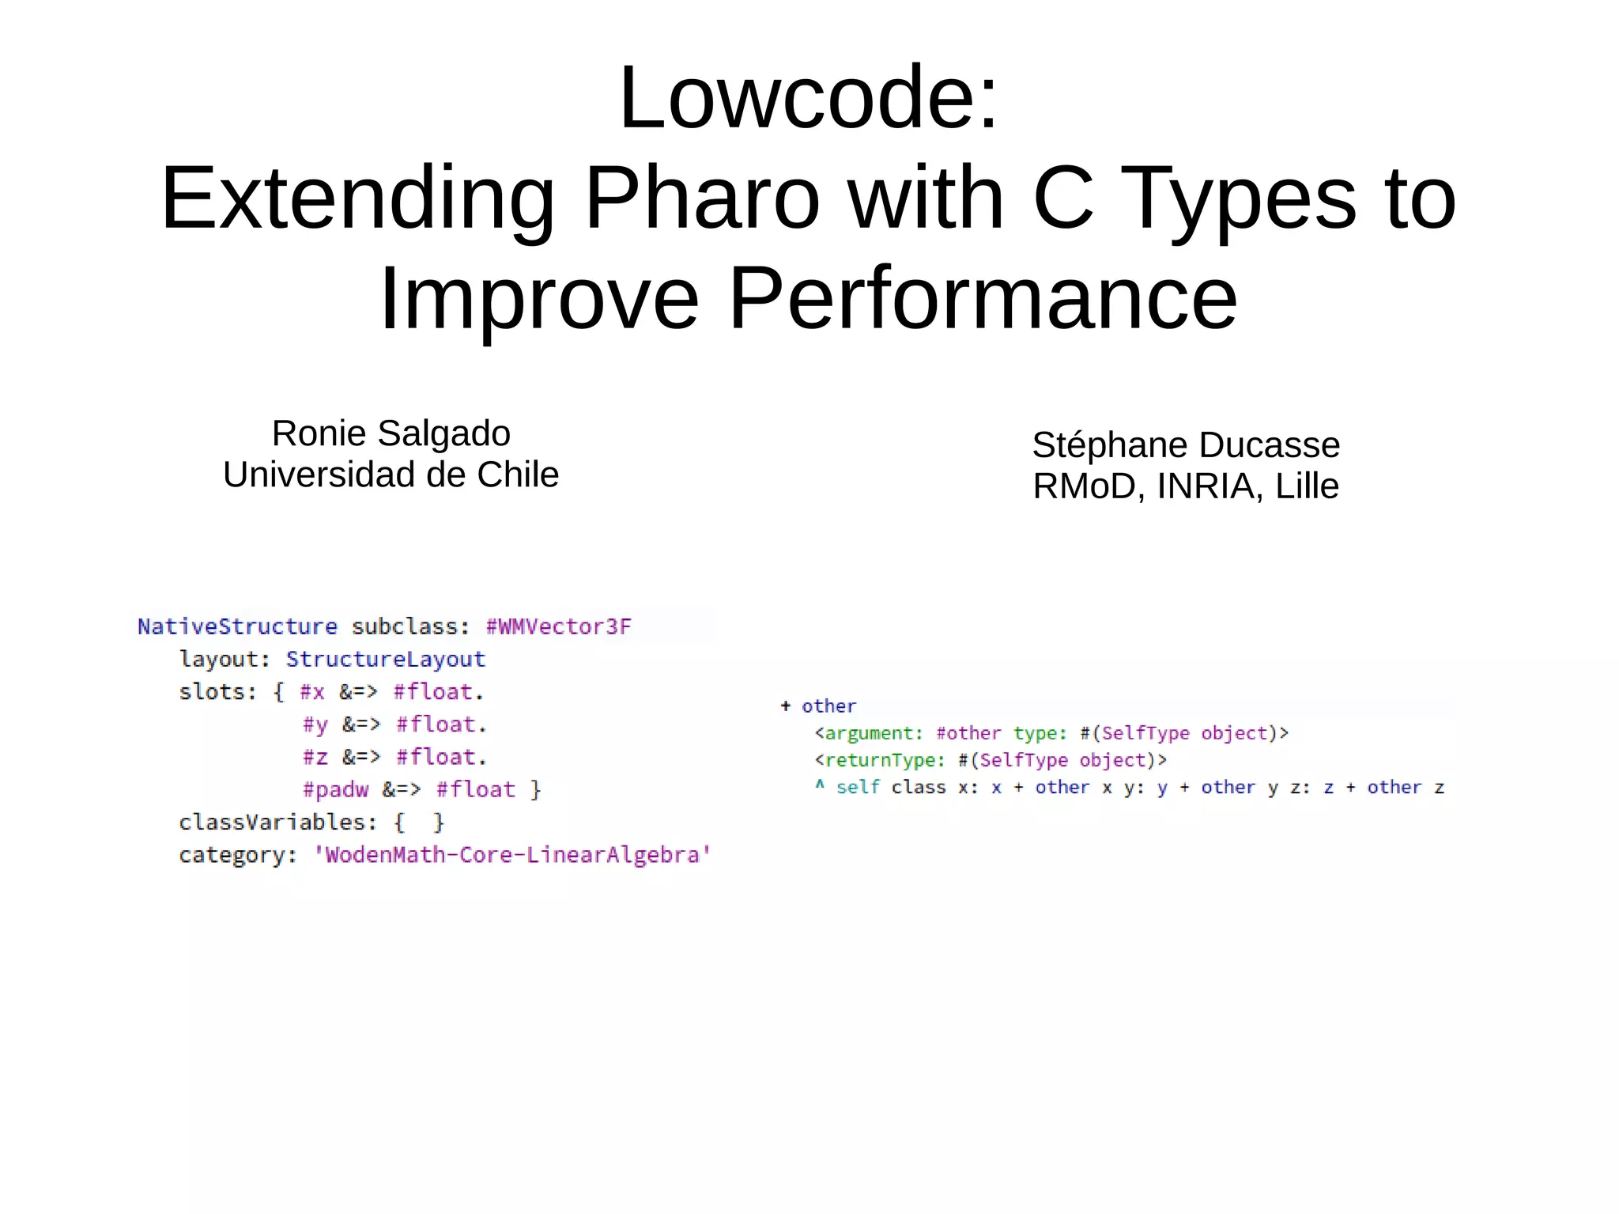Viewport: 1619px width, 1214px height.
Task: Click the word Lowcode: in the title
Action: [x=809, y=99]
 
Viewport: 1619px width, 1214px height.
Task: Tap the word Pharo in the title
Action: [x=702, y=199]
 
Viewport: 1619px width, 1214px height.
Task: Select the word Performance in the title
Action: [x=983, y=299]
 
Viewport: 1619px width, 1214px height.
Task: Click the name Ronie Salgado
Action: [x=391, y=433]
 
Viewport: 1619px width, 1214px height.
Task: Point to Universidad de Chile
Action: [x=391, y=475]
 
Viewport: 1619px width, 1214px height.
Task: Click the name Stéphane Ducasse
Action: [x=1186, y=445]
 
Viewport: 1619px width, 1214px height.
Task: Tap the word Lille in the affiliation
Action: [x=1307, y=486]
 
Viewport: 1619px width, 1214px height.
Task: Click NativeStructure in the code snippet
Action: [x=237, y=627]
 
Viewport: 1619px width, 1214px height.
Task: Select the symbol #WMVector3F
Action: [x=558, y=627]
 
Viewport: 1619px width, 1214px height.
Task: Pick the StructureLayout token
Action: [x=385, y=660]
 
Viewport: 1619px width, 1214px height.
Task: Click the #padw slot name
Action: [x=335, y=789]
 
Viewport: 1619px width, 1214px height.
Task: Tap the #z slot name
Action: [x=315, y=757]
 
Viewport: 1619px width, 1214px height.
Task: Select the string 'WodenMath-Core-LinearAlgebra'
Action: [x=512, y=855]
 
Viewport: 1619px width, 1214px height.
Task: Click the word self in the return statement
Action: [x=858, y=788]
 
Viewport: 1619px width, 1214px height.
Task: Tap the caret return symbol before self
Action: [x=820, y=785]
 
